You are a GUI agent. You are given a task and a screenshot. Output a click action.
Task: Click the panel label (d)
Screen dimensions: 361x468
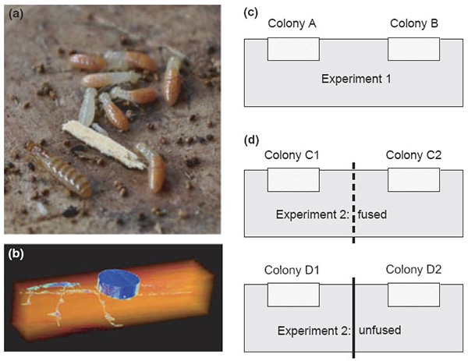click(252, 141)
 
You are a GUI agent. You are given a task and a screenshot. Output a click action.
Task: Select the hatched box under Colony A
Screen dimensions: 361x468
click(293, 48)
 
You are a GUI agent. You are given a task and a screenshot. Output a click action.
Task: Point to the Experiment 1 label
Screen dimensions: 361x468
click(354, 80)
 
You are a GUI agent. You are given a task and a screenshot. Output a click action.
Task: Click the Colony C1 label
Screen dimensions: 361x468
click(293, 156)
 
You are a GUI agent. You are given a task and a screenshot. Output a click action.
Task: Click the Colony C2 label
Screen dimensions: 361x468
click(415, 156)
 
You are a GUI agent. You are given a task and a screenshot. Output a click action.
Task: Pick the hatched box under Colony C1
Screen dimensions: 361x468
click(293, 181)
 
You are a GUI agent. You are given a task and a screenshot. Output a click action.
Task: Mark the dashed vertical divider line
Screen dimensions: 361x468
click(354, 203)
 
